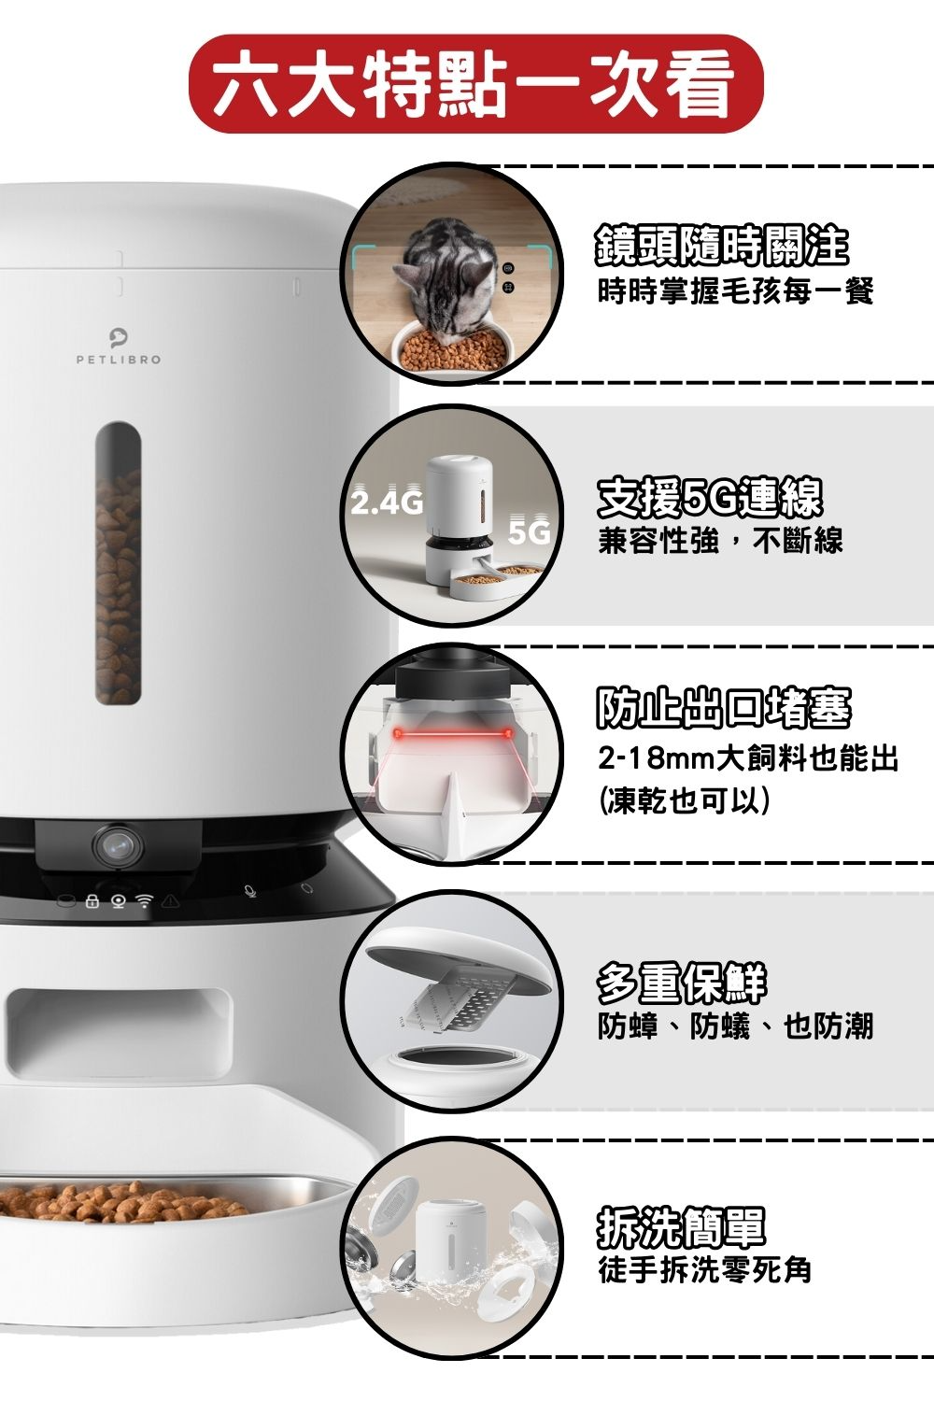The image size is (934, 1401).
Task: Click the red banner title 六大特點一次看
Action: [x=475, y=84]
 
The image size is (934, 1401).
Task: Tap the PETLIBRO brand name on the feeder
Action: [x=119, y=360]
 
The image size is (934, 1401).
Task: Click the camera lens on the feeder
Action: [x=119, y=845]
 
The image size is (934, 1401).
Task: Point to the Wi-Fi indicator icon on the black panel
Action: [x=145, y=901]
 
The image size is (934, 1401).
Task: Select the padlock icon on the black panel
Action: [x=92, y=901]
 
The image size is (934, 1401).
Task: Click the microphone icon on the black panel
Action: [x=250, y=891]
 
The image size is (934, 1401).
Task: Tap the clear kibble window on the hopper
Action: [x=119, y=563]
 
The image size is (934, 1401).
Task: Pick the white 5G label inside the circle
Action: [x=531, y=532]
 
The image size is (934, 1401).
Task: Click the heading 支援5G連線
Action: [x=710, y=498]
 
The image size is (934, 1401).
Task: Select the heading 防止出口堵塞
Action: [x=723, y=707]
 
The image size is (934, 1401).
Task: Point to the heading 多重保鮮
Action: [x=681, y=984]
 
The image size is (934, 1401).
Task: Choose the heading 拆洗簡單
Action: [x=681, y=1227]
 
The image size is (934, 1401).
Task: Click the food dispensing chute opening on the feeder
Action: [x=119, y=1034]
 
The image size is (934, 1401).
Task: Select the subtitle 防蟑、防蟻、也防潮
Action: [x=735, y=1026]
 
